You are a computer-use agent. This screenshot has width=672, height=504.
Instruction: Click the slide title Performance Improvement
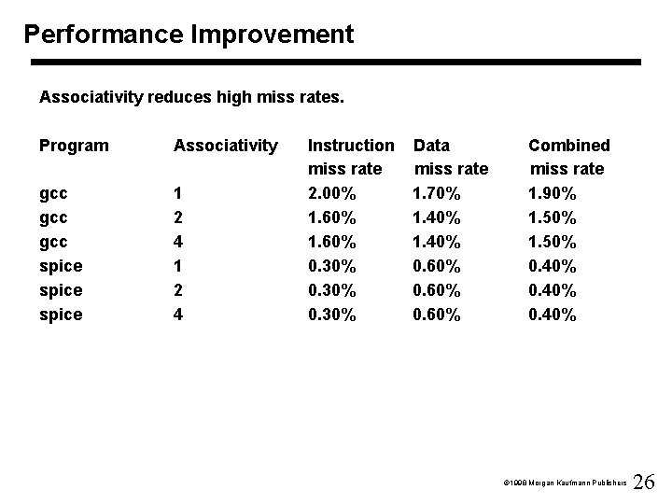[189, 35]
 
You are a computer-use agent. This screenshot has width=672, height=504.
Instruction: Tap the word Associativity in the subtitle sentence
[87, 96]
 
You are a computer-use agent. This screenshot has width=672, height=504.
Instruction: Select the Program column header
[74, 146]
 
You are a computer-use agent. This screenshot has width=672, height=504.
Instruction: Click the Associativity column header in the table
[225, 146]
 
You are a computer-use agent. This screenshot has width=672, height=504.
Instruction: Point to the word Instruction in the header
[351, 146]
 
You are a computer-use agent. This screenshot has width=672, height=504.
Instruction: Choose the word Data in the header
[431, 146]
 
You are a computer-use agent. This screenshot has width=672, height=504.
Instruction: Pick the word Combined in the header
[568, 146]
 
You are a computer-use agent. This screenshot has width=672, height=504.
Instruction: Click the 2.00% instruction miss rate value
[331, 193]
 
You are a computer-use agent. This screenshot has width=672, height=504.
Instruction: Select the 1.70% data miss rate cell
[437, 193]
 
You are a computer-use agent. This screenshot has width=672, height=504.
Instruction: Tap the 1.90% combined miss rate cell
[553, 193]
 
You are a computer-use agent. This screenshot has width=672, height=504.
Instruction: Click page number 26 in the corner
[644, 482]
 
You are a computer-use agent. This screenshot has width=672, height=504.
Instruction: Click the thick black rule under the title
[336, 63]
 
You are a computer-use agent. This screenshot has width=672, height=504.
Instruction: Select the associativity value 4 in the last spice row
[178, 315]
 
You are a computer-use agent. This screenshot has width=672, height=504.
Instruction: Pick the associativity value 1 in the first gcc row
[178, 193]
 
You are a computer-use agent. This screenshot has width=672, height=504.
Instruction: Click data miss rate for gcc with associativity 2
[437, 217]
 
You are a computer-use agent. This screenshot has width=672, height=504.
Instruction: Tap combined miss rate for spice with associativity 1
[553, 266]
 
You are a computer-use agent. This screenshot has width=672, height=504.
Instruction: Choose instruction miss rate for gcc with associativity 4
[331, 242]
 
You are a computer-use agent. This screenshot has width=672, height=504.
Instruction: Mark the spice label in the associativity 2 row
[61, 290]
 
